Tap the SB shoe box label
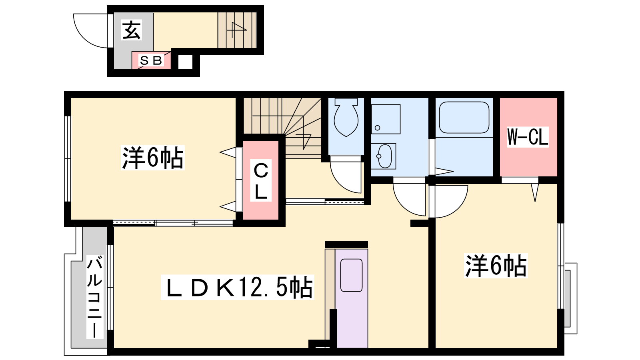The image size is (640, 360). (151, 60)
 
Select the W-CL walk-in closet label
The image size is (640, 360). (528, 137)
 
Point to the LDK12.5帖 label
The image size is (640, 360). (238, 287)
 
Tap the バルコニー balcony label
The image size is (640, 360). (95, 297)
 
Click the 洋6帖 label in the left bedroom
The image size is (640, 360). (152, 158)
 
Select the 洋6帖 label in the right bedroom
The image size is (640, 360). (496, 266)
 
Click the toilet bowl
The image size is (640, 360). (346, 118)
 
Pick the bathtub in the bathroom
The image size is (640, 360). (464, 118)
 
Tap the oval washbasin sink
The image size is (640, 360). (385, 156)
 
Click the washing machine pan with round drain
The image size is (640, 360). (386, 119)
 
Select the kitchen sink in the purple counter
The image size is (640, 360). (352, 275)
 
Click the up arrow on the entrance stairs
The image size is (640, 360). (237, 30)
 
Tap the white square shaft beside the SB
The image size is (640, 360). (185, 62)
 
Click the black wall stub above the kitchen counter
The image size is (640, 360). (346, 244)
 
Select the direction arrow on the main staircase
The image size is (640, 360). (306, 141)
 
